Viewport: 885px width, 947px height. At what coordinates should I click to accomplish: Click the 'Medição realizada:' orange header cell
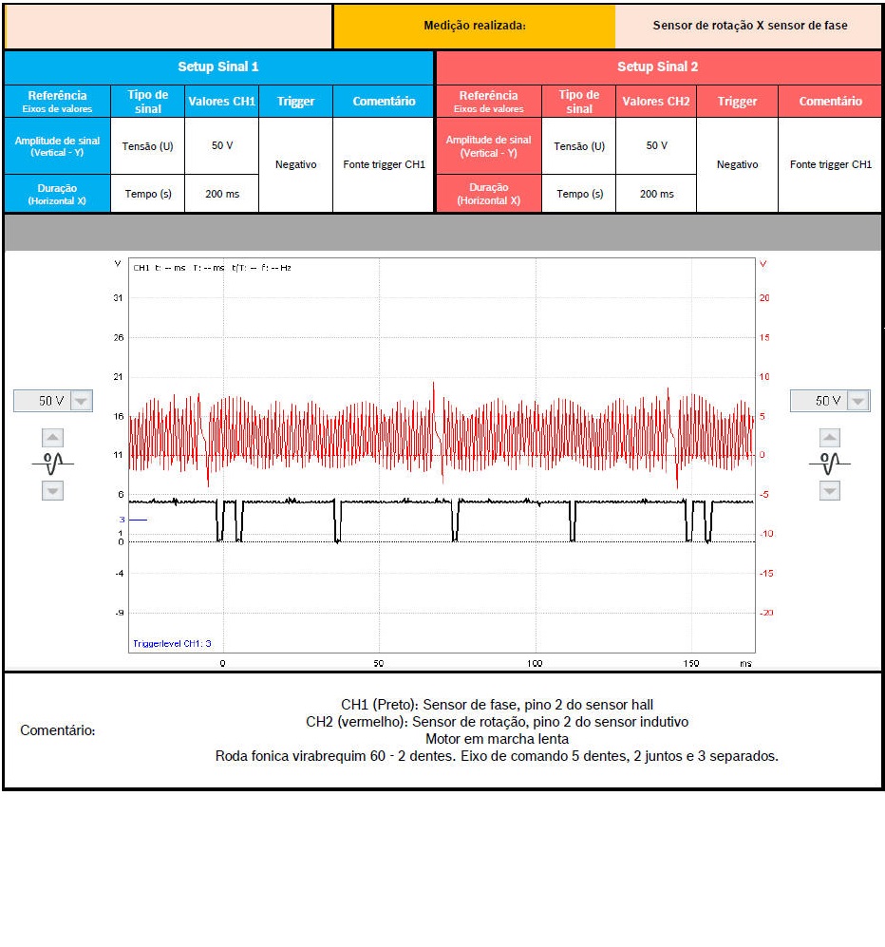tap(474, 26)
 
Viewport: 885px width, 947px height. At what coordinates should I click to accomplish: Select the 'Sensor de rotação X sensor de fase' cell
tap(749, 26)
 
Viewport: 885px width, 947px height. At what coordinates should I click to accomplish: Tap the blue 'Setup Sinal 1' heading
tap(218, 66)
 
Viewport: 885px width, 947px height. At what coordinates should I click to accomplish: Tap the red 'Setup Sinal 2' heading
tap(657, 66)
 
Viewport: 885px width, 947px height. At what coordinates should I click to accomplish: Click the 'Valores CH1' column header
tap(221, 101)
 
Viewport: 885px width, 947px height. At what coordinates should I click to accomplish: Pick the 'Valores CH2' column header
tap(655, 101)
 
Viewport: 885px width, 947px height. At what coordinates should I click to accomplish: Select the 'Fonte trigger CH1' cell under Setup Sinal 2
tap(830, 164)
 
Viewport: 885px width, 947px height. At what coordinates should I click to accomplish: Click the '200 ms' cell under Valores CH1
tap(221, 194)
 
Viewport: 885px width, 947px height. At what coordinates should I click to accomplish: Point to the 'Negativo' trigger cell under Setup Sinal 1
tap(295, 164)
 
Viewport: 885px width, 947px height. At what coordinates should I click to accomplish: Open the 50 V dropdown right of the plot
tap(830, 401)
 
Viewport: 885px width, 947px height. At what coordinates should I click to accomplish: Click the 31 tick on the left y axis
tap(118, 298)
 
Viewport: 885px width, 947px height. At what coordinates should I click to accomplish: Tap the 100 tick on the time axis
tap(535, 663)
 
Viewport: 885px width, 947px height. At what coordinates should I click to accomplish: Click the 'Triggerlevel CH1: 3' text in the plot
tap(172, 643)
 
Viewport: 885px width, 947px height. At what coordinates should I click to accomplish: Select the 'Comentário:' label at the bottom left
tap(58, 730)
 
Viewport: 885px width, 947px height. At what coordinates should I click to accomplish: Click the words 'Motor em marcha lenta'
tap(497, 739)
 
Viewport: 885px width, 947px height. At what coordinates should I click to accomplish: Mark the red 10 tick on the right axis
tap(763, 377)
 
